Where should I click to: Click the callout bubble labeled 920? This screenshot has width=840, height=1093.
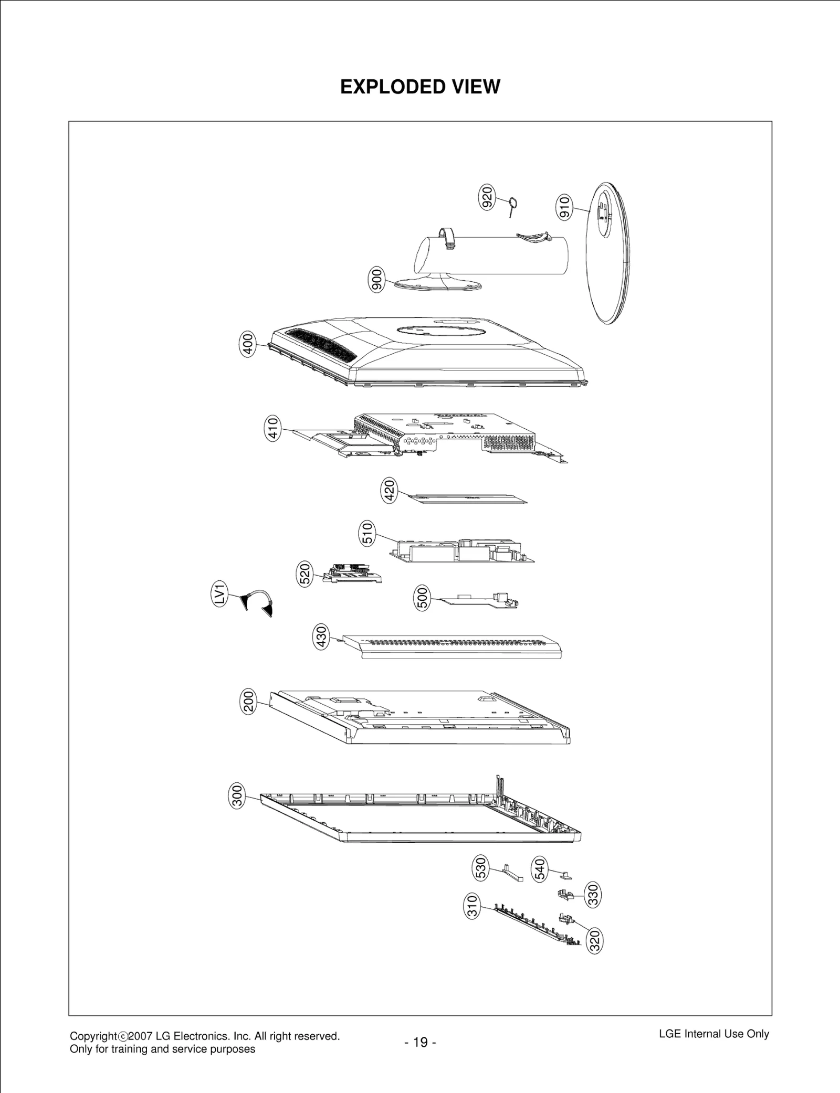pyautogui.click(x=487, y=198)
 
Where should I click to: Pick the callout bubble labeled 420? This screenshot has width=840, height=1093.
pyautogui.click(x=389, y=491)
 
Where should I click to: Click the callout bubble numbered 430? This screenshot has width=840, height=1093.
pyautogui.click(x=320, y=636)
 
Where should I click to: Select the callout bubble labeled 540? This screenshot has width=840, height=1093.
pyautogui.click(x=539, y=869)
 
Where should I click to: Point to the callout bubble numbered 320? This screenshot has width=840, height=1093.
pyautogui.click(x=594, y=941)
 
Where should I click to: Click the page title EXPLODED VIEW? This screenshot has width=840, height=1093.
pyautogui.click(x=420, y=87)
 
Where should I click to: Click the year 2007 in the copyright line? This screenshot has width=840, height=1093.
pyautogui.click(x=140, y=1036)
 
